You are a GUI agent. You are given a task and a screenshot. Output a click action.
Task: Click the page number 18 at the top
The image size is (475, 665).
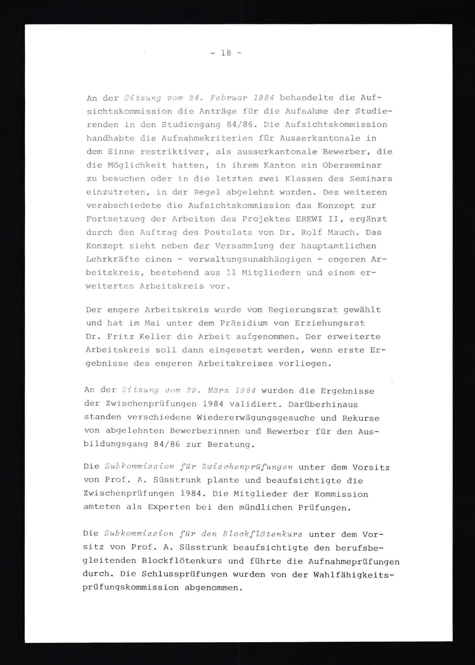pyautogui.click(x=226, y=53)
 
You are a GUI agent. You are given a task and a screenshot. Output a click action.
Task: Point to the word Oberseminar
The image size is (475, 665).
pyautogui.click(x=352, y=165)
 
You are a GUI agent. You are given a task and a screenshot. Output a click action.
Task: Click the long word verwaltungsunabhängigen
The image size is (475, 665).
pyautogui.click(x=250, y=259)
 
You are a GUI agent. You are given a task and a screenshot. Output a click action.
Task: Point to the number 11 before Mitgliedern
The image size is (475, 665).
pyautogui.click(x=231, y=273)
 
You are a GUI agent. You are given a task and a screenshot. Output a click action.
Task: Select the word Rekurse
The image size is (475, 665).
pyautogui.click(x=361, y=418)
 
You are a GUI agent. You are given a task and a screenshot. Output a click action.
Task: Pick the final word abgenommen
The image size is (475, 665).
pyautogui.click(x=214, y=588)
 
